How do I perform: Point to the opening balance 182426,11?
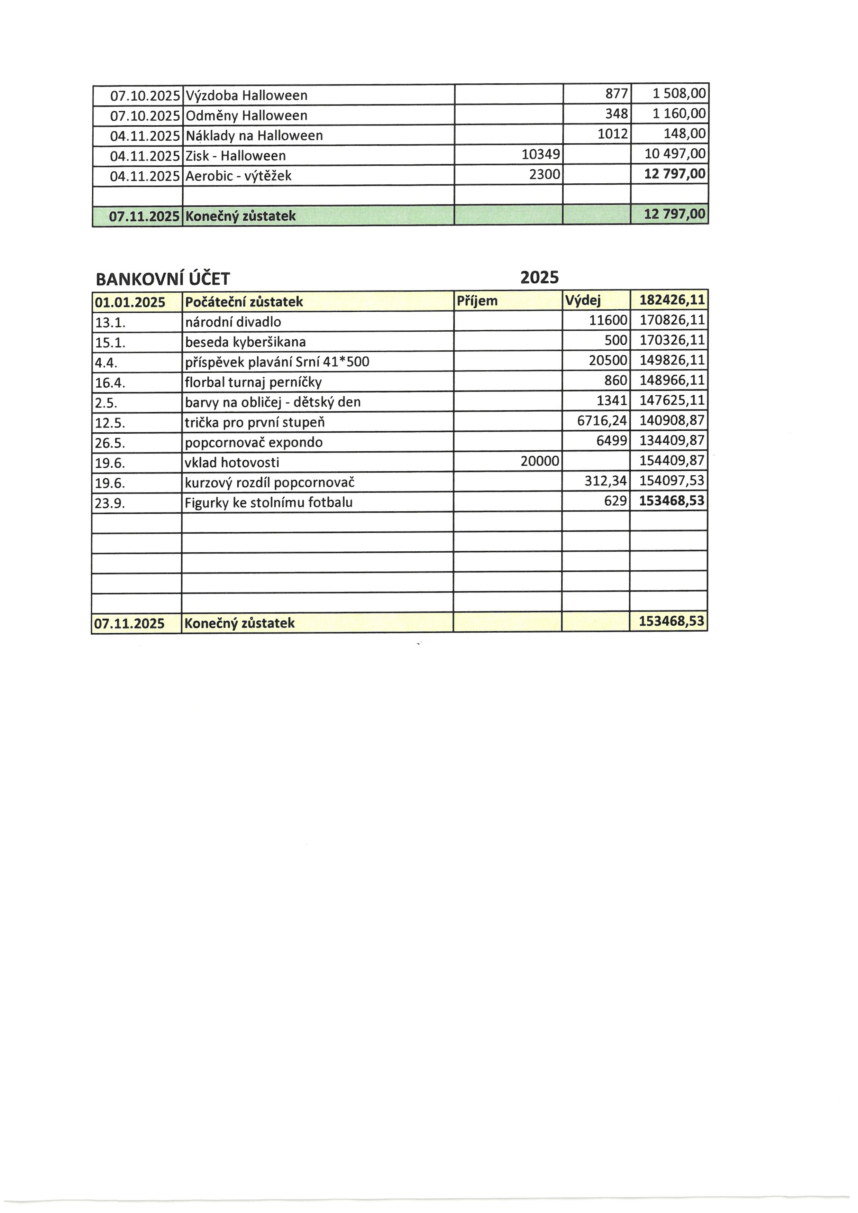(x=672, y=300)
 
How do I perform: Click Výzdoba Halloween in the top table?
(x=247, y=95)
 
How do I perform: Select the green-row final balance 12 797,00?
(x=675, y=214)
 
